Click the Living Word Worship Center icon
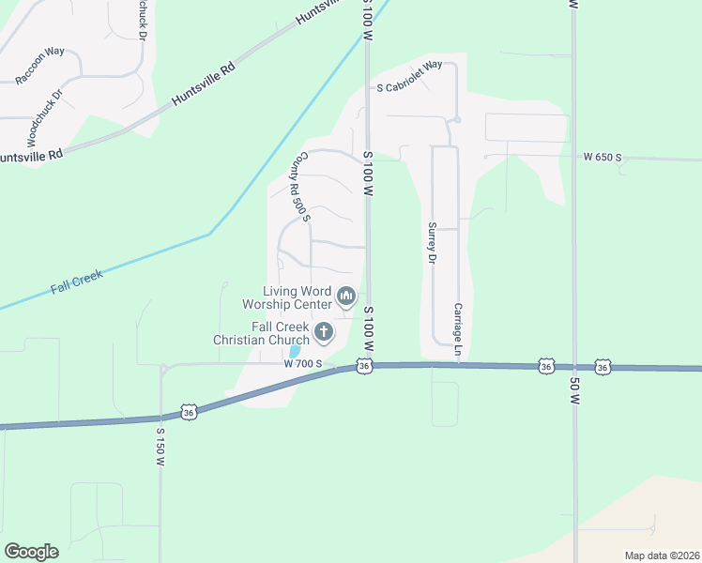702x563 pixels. coord(346,297)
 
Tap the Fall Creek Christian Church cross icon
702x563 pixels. coord(324,331)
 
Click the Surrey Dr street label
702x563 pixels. coord(433,240)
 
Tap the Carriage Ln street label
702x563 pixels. coord(459,322)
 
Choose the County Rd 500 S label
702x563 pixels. coord(299,188)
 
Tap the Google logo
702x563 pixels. coord(31,552)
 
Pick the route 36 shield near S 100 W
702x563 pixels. coord(364,367)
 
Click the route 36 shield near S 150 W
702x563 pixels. coord(191,413)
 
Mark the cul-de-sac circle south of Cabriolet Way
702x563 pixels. coord(456,120)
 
